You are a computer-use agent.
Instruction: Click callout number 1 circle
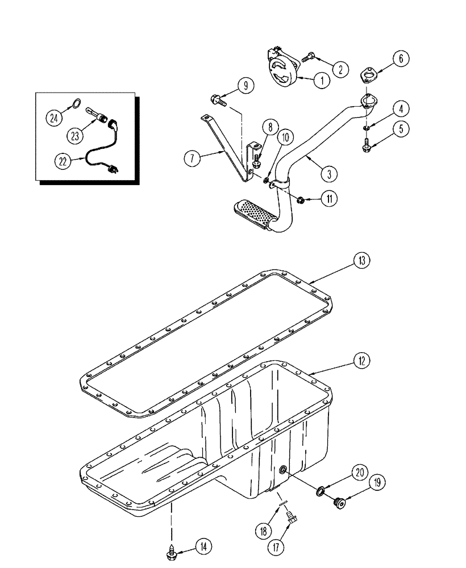click(321, 80)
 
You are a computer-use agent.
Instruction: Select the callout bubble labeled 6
click(400, 59)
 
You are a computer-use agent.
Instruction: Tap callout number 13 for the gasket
click(361, 261)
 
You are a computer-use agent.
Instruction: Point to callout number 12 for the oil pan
click(361, 360)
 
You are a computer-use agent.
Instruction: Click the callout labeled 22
click(64, 161)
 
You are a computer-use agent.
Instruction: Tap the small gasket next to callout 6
click(369, 76)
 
